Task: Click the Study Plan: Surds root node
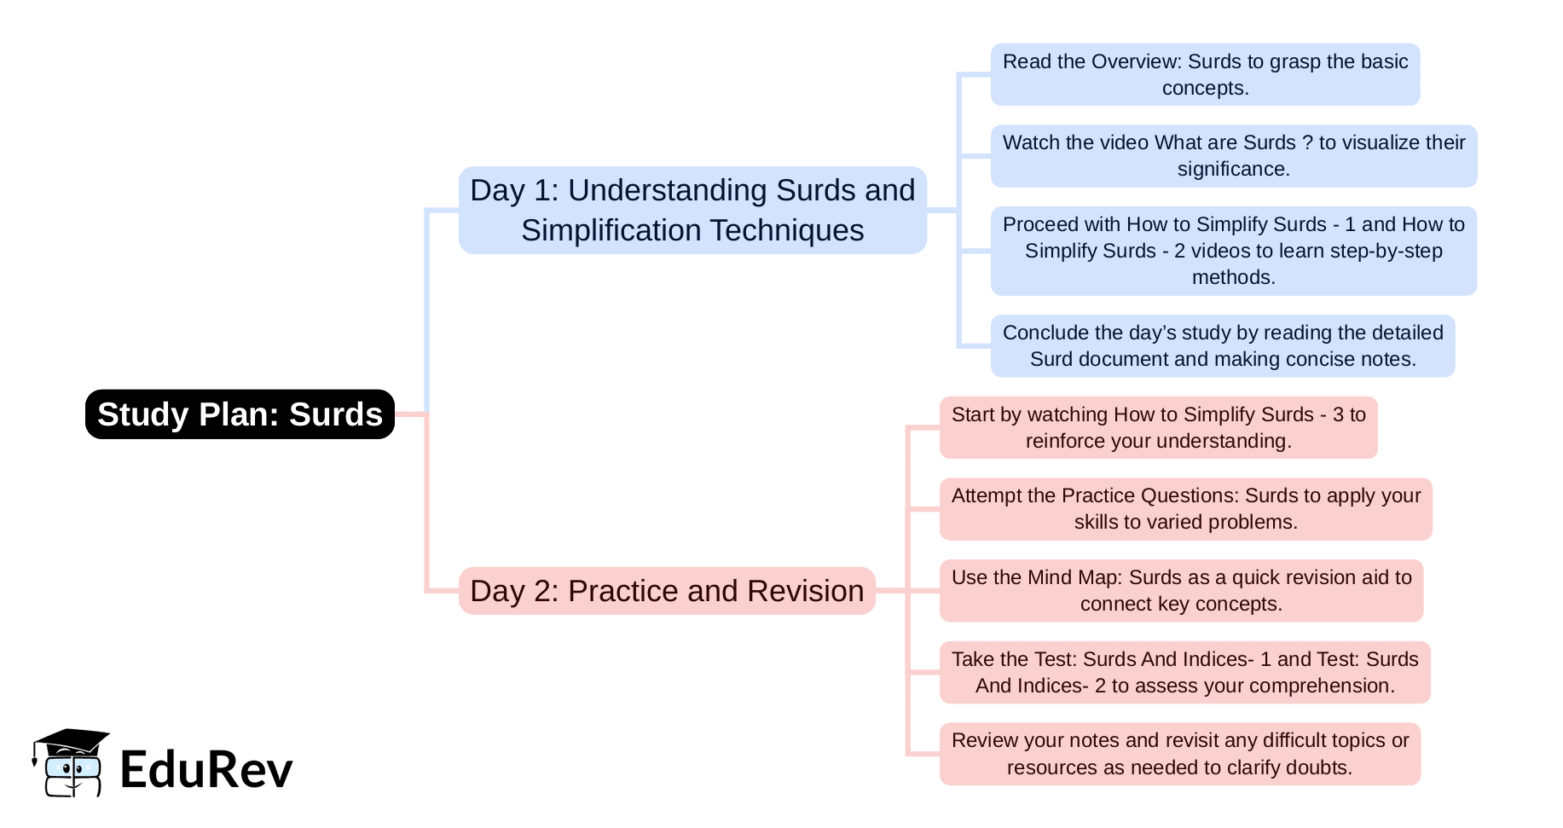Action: (240, 414)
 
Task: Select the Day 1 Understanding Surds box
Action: (692, 210)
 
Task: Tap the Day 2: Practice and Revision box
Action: (667, 591)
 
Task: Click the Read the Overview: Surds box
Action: (1205, 75)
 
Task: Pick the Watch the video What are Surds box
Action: (1233, 156)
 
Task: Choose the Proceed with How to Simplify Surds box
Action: (1233, 251)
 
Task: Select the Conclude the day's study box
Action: (1222, 346)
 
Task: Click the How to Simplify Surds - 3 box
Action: (1158, 428)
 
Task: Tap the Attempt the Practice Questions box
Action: (1185, 509)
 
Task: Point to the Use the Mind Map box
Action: (1181, 591)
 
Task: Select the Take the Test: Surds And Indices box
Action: (1184, 673)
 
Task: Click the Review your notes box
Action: (1179, 754)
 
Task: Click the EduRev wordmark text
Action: (206, 769)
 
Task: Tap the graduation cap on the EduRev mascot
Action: (72, 740)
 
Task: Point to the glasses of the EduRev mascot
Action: (72, 768)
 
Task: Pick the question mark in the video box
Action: (1307, 142)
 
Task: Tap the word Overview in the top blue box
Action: (1136, 61)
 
